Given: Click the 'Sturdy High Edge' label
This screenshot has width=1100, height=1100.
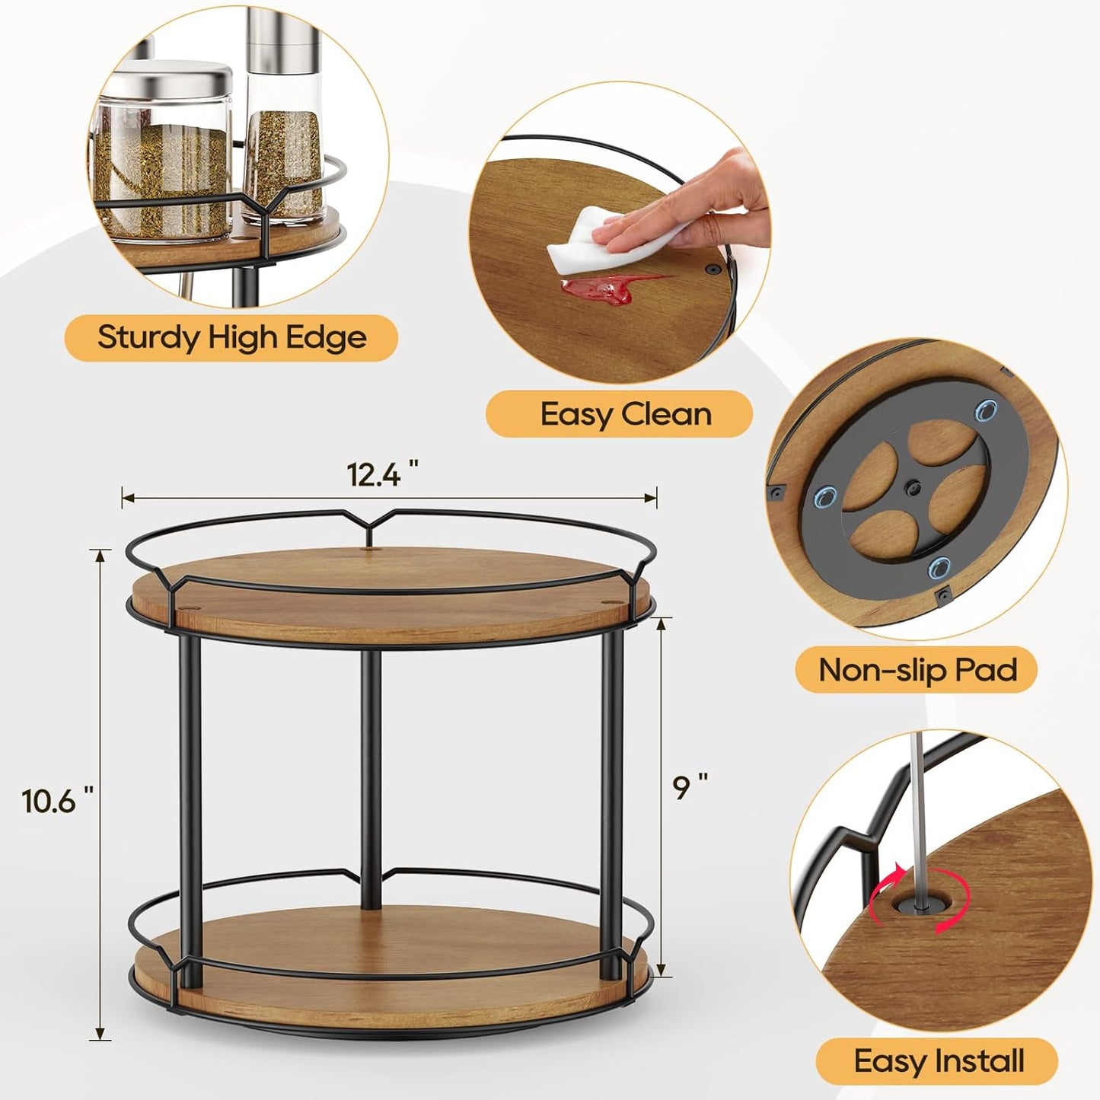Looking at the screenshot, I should point(231,337).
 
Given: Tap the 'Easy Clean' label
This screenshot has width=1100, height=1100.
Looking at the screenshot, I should point(626,414).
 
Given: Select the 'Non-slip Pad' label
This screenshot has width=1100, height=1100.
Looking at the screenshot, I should point(917,670).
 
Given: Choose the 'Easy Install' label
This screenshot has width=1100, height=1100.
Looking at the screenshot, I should point(939,1060).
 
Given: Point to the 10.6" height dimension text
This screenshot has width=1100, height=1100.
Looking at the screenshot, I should point(57,800).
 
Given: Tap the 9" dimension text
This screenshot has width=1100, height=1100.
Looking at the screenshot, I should point(690,786).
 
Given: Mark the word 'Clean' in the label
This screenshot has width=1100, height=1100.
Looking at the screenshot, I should point(666,414).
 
